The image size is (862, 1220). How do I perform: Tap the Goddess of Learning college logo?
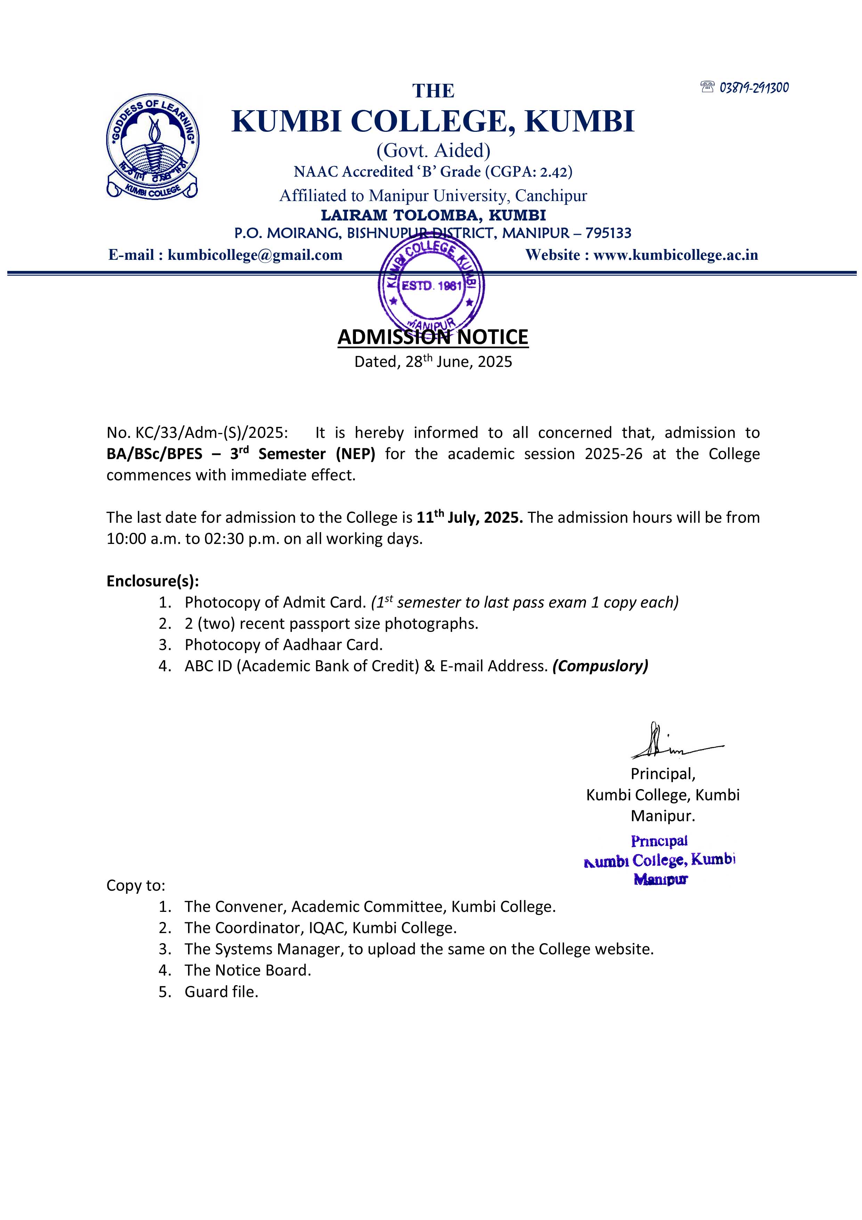(153, 146)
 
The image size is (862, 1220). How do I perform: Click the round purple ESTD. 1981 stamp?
(431, 285)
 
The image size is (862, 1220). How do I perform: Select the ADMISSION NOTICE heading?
(433, 337)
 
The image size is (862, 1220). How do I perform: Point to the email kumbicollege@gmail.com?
(255, 255)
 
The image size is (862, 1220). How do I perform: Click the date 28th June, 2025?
(458, 362)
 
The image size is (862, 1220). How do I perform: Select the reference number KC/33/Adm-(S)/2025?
(211, 433)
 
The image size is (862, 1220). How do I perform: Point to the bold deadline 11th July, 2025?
(470, 517)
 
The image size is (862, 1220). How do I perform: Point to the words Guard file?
(221, 992)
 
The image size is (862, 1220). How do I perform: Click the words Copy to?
(136, 885)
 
